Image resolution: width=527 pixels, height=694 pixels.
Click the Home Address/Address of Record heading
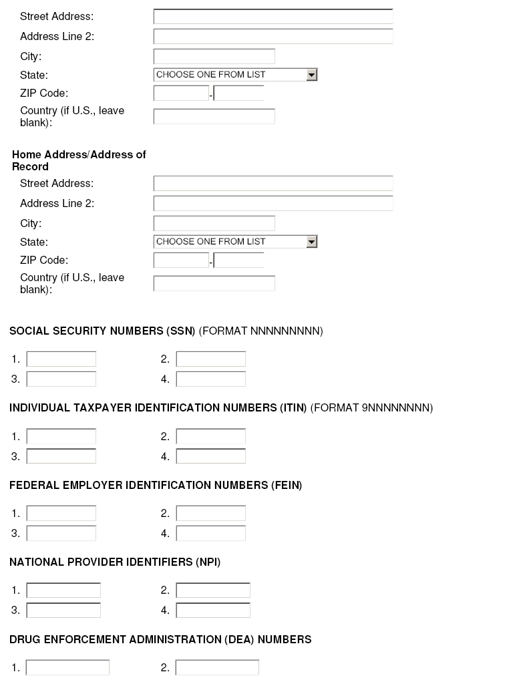click(x=79, y=160)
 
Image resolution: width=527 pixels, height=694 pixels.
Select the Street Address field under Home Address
click(x=273, y=184)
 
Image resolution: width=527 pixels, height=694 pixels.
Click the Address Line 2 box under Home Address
click(x=273, y=204)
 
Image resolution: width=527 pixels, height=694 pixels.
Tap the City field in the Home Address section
click(x=214, y=224)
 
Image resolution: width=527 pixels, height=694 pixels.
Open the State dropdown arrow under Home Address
click(x=311, y=242)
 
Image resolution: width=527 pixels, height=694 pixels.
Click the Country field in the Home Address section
click(x=214, y=283)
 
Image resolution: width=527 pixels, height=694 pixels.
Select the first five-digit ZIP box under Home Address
click(x=181, y=261)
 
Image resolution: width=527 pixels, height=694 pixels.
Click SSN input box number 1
click(x=61, y=359)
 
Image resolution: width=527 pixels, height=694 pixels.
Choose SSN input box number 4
click(x=211, y=379)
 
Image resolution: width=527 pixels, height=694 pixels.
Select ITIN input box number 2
click(x=211, y=437)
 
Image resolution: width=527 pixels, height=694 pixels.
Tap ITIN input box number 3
click(x=61, y=457)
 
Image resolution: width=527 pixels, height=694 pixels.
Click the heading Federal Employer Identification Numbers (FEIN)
click(x=156, y=486)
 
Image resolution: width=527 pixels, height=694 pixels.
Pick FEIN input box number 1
click(x=61, y=514)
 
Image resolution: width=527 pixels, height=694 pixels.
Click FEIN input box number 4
click(x=211, y=534)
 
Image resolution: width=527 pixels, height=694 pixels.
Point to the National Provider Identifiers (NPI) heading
click(x=115, y=562)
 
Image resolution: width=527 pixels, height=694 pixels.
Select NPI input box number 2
click(x=213, y=590)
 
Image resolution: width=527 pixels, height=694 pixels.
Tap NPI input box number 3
click(x=63, y=611)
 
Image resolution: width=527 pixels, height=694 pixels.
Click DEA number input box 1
click(x=67, y=668)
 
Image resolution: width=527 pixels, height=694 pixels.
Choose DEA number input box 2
click(x=217, y=668)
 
